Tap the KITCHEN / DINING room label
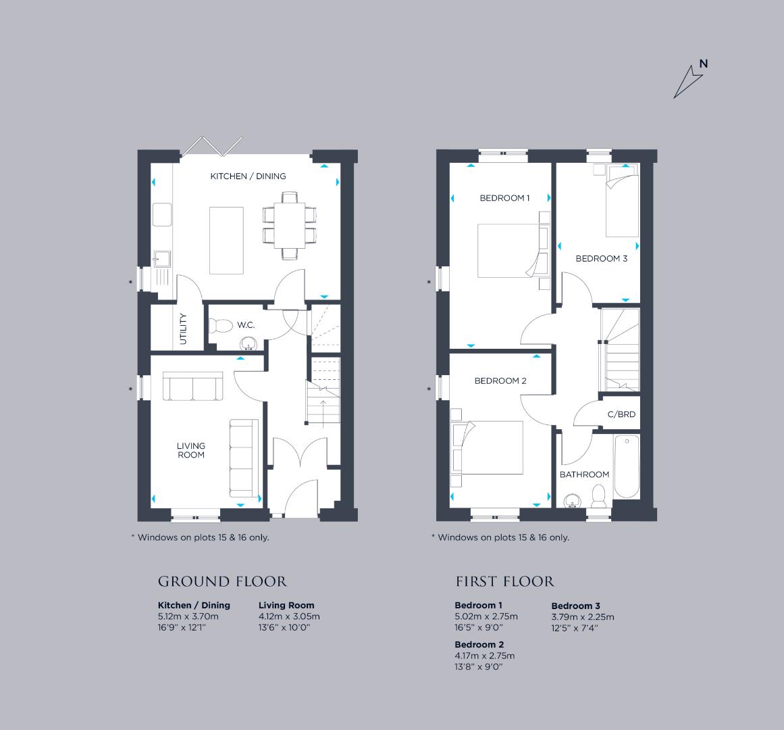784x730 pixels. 248,176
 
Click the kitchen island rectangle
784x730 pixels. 226,240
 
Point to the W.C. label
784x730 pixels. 246,324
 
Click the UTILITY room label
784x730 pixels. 183,328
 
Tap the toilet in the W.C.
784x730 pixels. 220,326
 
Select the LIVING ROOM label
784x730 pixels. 191,449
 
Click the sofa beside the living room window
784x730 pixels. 193,386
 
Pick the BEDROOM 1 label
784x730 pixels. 504,197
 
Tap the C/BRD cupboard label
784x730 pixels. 621,414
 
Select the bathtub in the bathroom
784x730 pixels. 627,466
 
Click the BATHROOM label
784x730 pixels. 584,474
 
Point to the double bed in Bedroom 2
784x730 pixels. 487,447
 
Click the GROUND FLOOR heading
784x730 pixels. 222,581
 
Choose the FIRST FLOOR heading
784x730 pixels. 505,581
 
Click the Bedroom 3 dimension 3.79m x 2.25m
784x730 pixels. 583,617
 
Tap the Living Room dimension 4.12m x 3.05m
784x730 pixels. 289,616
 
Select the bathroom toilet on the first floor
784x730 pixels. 598,495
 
